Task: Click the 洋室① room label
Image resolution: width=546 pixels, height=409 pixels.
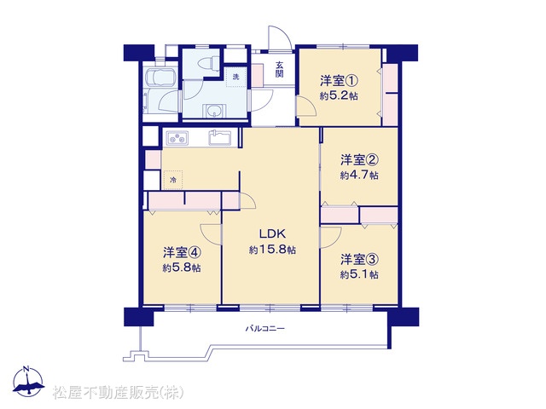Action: click(340, 81)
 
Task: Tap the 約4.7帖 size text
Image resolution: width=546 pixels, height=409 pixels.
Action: click(359, 175)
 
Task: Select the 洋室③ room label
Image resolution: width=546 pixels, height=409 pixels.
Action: click(359, 259)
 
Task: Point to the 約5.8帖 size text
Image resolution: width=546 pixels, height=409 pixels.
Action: click(182, 268)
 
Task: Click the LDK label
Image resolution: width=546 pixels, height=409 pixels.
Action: click(272, 233)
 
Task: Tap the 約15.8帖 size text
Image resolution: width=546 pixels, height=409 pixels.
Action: click(272, 250)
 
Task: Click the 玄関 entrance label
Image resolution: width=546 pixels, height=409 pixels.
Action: click(279, 69)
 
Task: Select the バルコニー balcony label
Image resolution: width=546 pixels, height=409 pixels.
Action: click(265, 328)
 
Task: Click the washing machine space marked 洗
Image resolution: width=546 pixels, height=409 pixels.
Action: click(235, 78)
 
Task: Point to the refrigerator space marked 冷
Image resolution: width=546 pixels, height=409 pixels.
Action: click(173, 180)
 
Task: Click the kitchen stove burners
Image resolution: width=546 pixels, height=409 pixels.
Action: click(177, 137)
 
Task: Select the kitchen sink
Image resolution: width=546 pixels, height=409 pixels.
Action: click(221, 137)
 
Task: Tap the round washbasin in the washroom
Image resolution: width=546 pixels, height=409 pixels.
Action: click(212, 112)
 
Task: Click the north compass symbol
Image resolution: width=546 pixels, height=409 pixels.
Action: click(28, 382)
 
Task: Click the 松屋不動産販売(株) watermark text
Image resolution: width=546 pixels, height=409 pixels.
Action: click(118, 393)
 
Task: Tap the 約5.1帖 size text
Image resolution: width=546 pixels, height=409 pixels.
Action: click(359, 274)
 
